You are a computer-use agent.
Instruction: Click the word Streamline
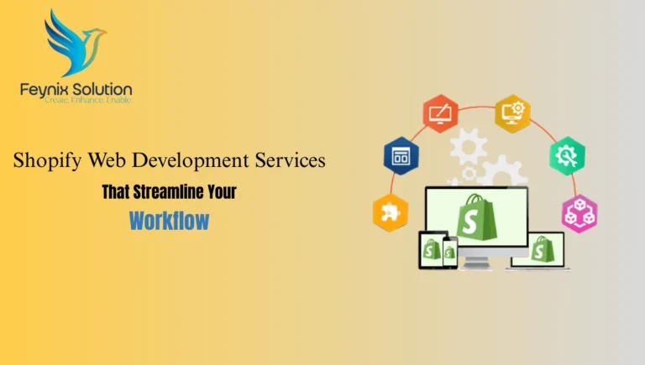(x=162, y=192)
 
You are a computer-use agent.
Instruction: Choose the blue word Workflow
(x=169, y=222)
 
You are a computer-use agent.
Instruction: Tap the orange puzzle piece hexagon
(x=390, y=212)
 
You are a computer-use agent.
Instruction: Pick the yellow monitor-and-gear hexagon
(x=511, y=112)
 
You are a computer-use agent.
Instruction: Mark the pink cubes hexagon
(x=578, y=212)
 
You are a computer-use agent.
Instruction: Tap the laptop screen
(x=538, y=249)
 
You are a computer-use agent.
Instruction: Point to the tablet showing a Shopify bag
(x=433, y=249)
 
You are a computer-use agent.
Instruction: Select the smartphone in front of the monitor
(x=450, y=251)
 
